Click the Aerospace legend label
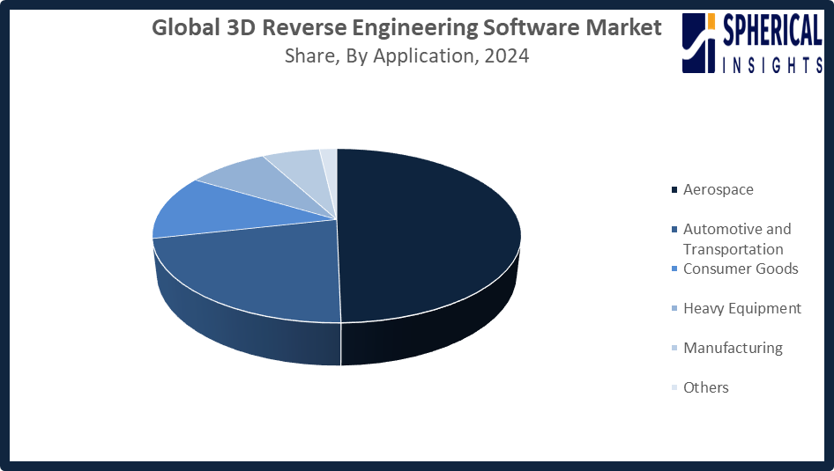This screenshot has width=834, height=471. point(718,189)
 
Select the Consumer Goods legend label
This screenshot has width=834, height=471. point(741,269)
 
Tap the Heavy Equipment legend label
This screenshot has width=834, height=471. point(742,308)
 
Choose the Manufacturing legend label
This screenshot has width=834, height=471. point(733,348)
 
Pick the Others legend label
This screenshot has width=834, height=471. point(706,387)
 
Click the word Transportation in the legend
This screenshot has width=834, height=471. point(733,249)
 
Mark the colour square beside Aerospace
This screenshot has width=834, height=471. point(675,190)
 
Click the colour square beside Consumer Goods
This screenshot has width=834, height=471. point(675,269)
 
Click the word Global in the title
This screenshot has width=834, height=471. point(181,28)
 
